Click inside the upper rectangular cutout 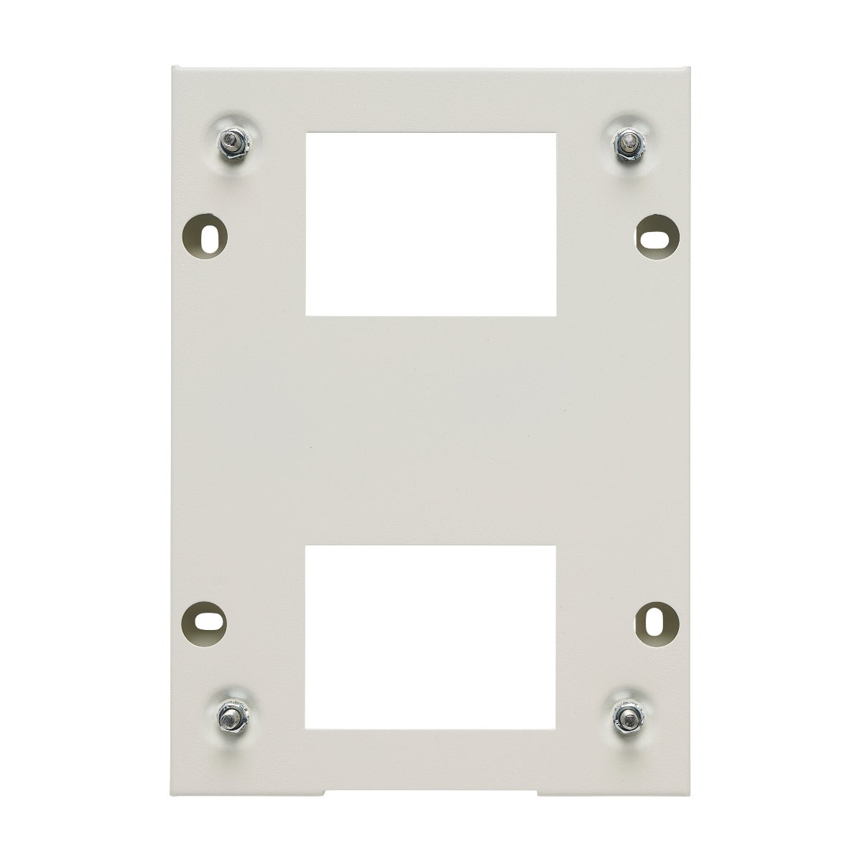point(431,223)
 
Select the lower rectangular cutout point(431,636)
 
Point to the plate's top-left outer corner point(172,67)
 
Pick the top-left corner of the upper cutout point(306,131)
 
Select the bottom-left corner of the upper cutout point(306,315)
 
